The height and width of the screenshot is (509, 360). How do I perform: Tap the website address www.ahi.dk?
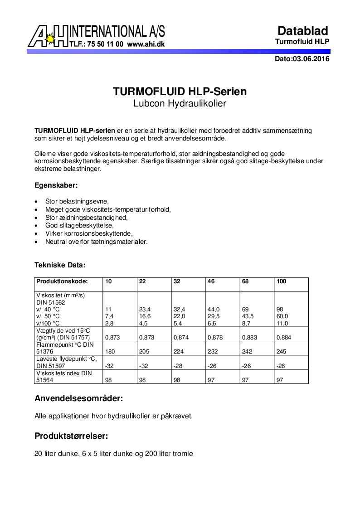click(x=146, y=44)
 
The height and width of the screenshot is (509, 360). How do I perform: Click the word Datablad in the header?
click(x=302, y=31)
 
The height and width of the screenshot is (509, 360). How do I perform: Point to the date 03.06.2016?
click(x=311, y=59)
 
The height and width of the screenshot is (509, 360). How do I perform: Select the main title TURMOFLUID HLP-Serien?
click(x=180, y=92)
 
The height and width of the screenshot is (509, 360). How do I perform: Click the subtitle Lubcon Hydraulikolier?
click(x=180, y=103)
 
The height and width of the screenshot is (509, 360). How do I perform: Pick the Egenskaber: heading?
click(x=56, y=185)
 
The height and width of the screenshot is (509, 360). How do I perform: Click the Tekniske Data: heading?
click(x=60, y=265)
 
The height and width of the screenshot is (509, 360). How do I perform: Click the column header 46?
click(x=211, y=281)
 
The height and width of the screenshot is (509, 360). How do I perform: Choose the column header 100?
click(x=281, y=281)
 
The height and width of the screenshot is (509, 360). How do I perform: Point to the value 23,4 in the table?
click(x=145, y=309)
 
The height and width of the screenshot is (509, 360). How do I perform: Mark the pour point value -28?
click(x=178, y=366)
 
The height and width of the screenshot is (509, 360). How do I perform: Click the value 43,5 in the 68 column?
click(x=248, y=316)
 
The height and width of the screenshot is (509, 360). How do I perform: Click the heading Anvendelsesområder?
click(x=79, y=399)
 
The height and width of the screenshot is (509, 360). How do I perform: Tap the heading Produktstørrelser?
click(x=71, y=436)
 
